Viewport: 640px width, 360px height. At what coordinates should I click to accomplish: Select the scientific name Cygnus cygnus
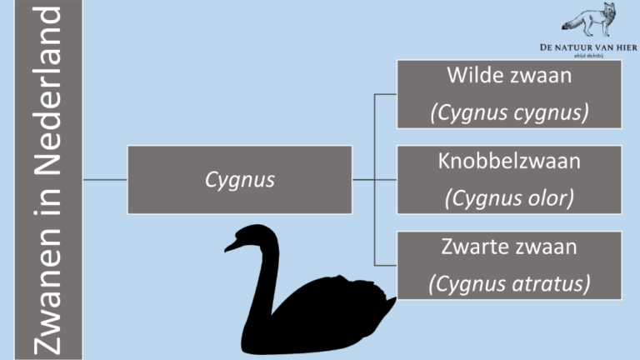pyautogui.click(x=509, y=112)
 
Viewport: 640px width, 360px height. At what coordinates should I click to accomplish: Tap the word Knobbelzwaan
pyautogui.click(x=509, y=161)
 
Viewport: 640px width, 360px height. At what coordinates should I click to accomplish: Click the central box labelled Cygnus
pyautogui.click(x=240, y=180)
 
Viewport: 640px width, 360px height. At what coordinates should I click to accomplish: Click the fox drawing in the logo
pyautogui.click(x=589, y=20)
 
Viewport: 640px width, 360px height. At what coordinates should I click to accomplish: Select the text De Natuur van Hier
pyautogui.click(x=588, y=47)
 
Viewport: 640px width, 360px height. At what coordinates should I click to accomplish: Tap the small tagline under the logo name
pyautogui.click(x=588, y=56)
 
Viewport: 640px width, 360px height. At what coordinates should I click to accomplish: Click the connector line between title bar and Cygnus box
pyautogui.click(x=105, y=180)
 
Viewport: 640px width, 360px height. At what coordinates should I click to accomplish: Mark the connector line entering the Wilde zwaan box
pyautogui.click(x=386, y=94)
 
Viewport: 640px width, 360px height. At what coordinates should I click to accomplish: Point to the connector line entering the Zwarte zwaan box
pyautogui.click(x=386, y=265)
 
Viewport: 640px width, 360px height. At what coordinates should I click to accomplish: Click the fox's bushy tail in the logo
pyautogui.click(x=572, y=22)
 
